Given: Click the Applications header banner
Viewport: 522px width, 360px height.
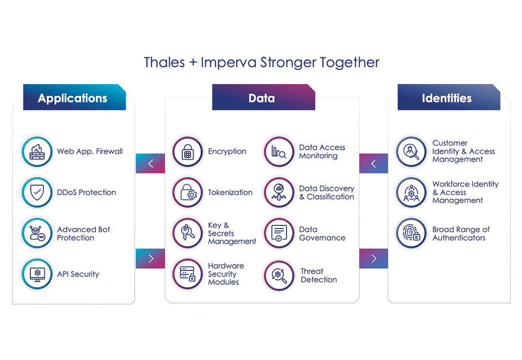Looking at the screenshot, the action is (75, 97).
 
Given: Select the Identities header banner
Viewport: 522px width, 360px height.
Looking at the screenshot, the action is (449, 97).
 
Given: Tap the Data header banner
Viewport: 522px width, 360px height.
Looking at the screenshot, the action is (264, 97).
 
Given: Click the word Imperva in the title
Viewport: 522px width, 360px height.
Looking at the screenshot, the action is (229, 62).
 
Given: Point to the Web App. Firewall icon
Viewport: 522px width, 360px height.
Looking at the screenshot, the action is (37, 152).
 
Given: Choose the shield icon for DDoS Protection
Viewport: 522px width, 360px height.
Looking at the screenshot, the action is (37, 193).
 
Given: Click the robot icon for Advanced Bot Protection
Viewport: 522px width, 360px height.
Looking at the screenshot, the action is (37, 233).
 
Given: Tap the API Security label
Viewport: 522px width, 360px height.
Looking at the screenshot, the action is (78, 274).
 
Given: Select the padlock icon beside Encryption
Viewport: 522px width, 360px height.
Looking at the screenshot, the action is (188, 152).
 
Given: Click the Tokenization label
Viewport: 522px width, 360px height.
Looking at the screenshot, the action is (230, 193).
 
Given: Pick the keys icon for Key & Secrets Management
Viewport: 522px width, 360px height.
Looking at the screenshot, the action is (188, 233).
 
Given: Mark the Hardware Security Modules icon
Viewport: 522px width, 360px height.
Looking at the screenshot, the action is (188, 274).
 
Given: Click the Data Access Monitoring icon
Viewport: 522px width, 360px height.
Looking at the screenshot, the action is (279, 152).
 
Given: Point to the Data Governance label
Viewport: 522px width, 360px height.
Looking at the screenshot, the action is (322, 234).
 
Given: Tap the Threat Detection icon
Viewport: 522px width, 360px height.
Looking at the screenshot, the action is (279, 275).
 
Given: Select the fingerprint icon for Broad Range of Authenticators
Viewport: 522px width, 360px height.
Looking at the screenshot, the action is (411, 233).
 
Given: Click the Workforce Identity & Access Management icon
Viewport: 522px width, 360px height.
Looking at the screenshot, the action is (411, 193).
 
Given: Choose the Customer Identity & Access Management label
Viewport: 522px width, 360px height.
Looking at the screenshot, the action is (464, 151).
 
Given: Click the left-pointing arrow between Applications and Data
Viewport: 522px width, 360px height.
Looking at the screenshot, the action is (150, 163).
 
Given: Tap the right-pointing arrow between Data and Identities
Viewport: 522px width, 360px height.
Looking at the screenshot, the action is (374, 258).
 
